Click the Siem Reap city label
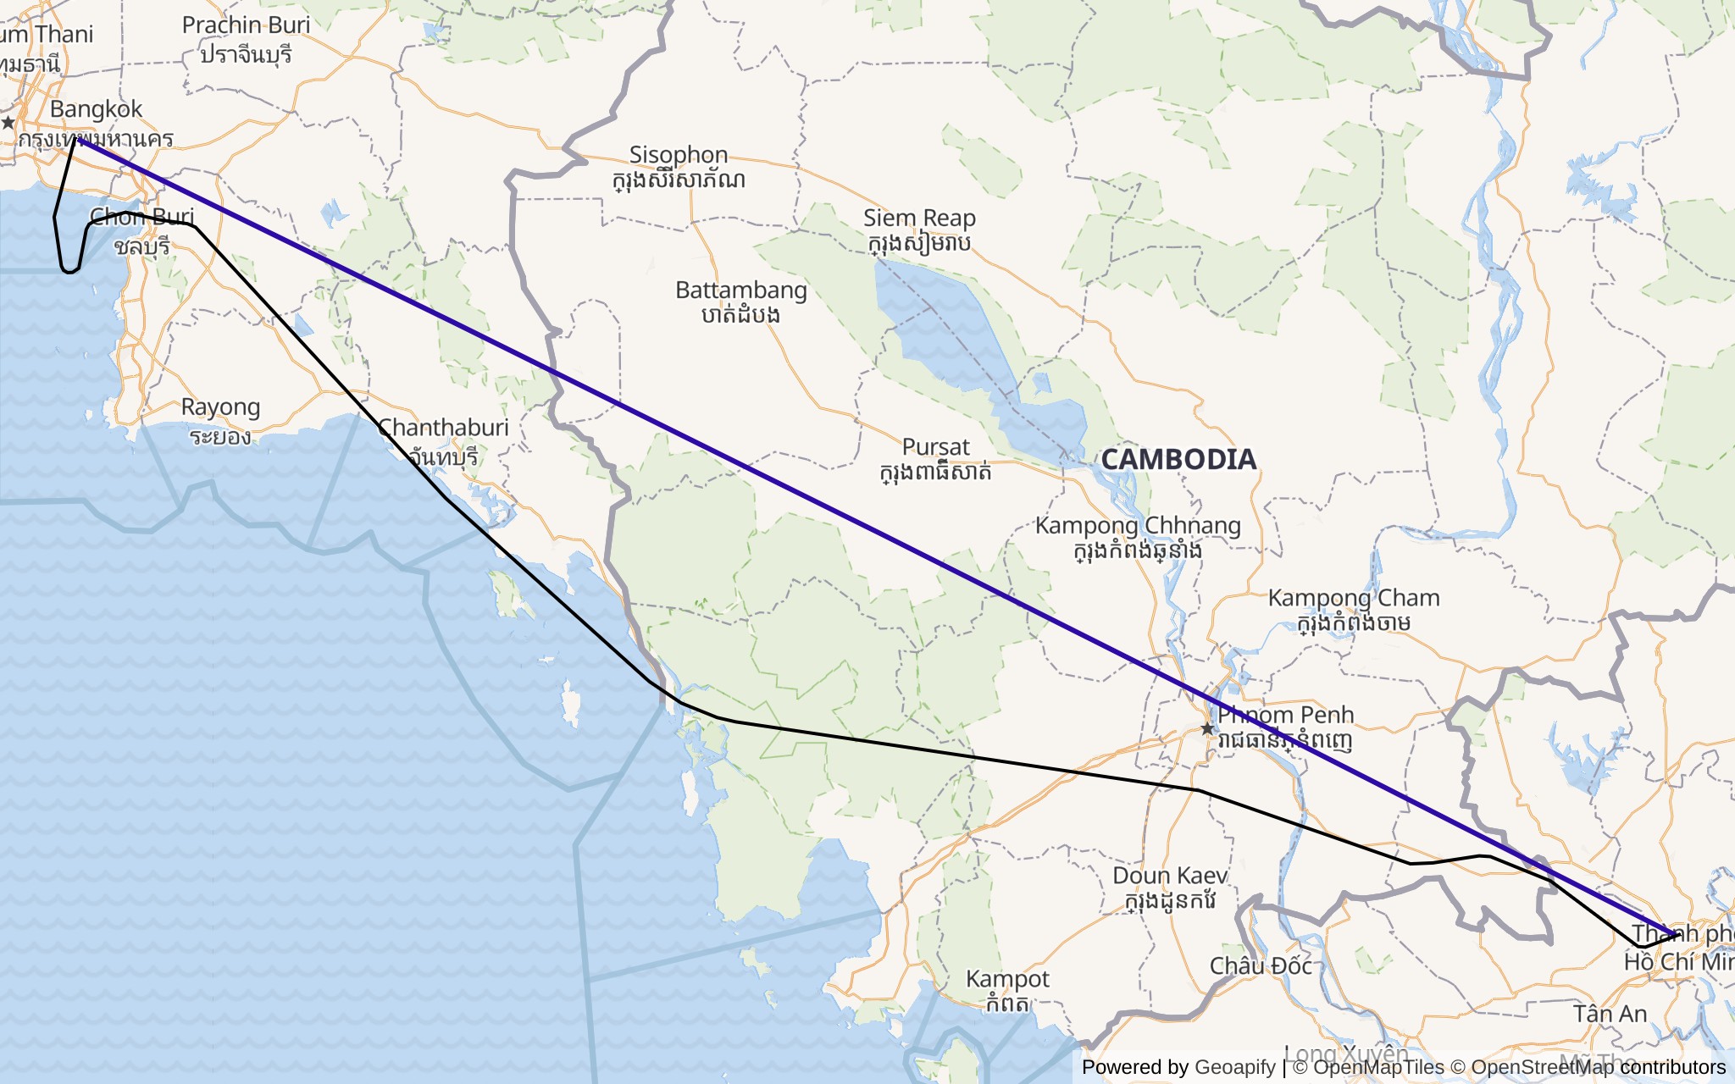[919, 219]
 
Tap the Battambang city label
[740, 291]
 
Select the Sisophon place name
[679, 156]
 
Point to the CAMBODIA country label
[1178, 459]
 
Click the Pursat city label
[935, 448]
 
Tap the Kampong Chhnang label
[1138, 526]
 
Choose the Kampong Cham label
[1354, 599]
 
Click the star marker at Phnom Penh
[1207, 728]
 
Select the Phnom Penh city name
[1285, 716]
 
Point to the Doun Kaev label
[1170, 877]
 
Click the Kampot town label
[1007, 980]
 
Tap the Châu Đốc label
[1261, 966]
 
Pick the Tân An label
[1610, 1015]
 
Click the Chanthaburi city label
[443, 429]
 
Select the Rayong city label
[220, 408]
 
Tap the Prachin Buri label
[246, 25]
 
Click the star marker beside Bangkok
[8, 123]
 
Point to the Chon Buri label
[142, 218]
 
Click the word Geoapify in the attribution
[1234, 1067]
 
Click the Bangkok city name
[96, 110]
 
